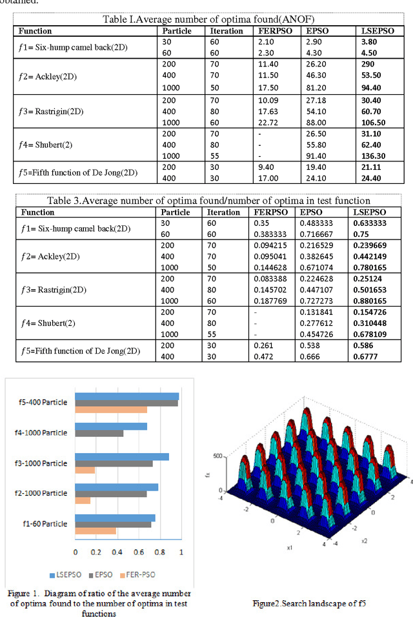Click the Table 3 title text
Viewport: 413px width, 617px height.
click(x=207, y=200)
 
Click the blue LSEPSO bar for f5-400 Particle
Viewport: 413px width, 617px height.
click(x=127, y=396)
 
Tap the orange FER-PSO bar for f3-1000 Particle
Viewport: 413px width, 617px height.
click(x=85, y=470)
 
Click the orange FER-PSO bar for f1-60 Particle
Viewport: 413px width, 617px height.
click(x=96, y=531)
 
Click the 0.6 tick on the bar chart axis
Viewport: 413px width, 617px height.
click(x=139, y=552)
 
